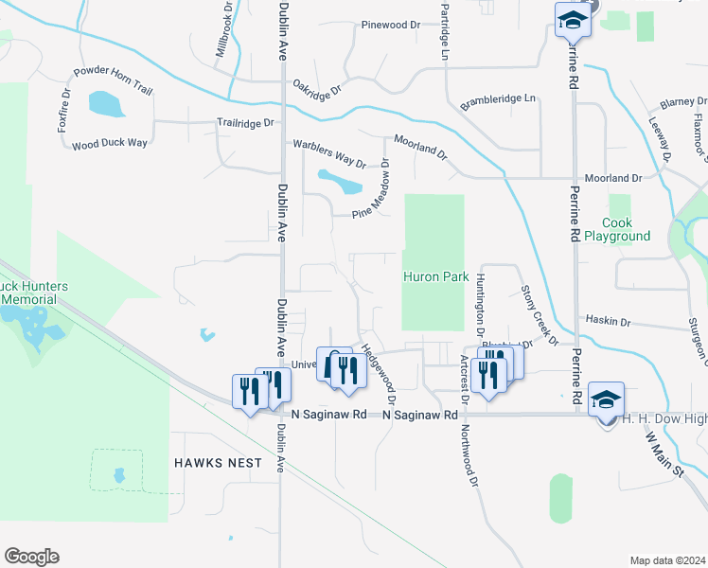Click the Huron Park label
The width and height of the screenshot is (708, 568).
pyautogui.click(x=436, y=277)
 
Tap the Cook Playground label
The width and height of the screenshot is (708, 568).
pyautogui.click(x=617, y=229)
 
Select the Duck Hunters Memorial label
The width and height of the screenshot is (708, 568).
pyautogui.click(x=27, y=293)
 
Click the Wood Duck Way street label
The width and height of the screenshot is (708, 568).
pyautogui.click(x=110, y=143)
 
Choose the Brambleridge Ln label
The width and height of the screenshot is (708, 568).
pyautogui.click(x=498, y=99)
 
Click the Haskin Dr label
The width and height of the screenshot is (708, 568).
pyautogui.click(x=608, y=322)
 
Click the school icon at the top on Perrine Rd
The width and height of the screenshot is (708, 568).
pyautogui.click(x=573, y=19)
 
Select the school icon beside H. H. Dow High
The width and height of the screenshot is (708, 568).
pyautogui.click(x=606, y=399)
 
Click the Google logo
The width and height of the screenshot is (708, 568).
pyautogui.click(x=31, y=556)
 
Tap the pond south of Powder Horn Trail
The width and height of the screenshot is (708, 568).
pyautogui.click(x=105, y=103)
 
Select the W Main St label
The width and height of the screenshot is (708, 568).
pyautogui.click(x=664, y=454)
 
